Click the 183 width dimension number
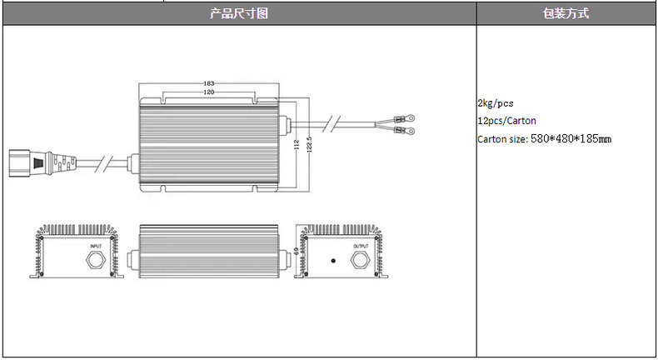point(208,84)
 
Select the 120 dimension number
point(208,92)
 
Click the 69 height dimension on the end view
point(296,251)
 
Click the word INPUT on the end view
point(97,247)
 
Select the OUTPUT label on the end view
point(361,247)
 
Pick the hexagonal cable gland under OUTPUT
point(361,261)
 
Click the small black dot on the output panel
point(333,261)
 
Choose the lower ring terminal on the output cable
point(406,129)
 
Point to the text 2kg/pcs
point(496,103)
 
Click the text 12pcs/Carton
point(507,121)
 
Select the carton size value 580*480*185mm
point(571,138)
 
